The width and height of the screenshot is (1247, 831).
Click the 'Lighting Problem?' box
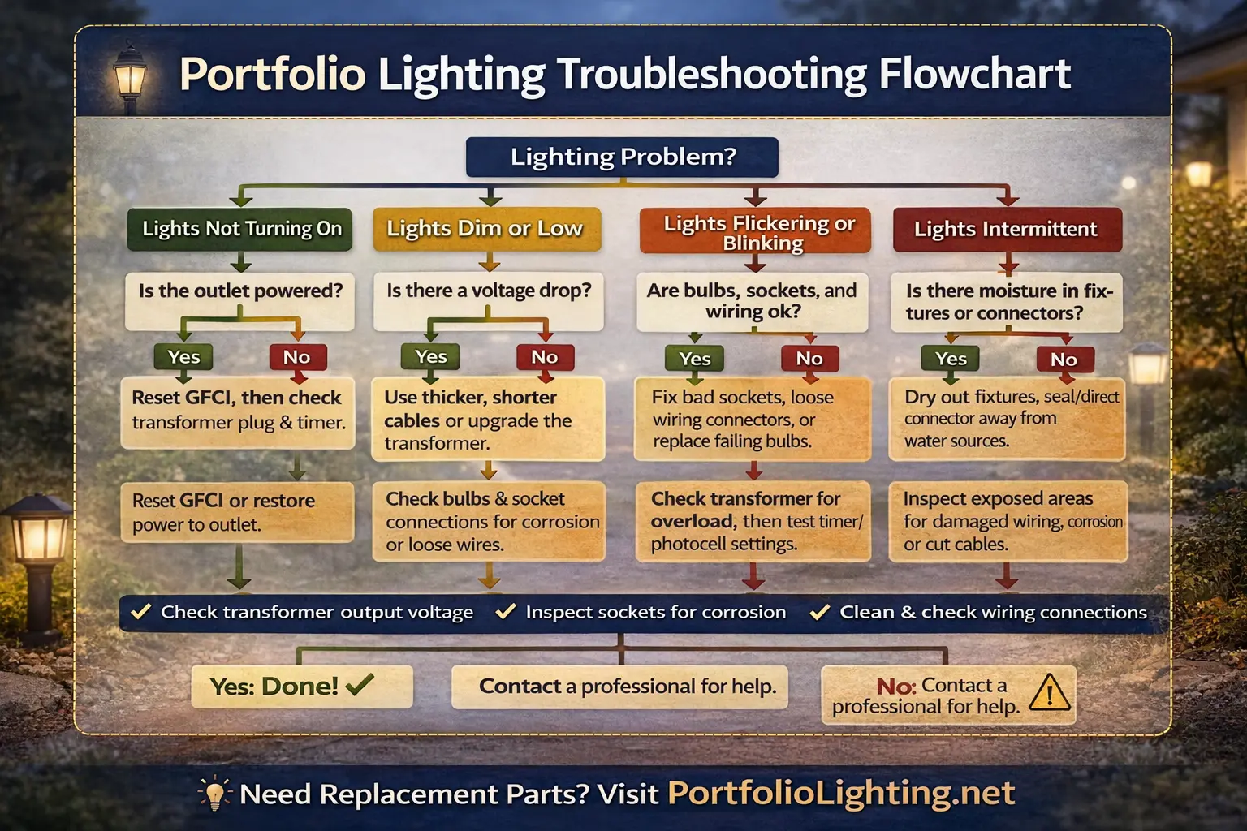point(622,157)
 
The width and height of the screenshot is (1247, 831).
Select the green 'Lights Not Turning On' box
point(241,229)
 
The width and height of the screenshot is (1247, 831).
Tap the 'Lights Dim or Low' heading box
point(485,229)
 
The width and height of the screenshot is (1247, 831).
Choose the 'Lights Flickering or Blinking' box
point(756,231)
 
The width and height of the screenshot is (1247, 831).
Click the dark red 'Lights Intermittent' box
point(1007,229)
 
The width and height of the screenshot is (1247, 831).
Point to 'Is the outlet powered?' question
point(240,291)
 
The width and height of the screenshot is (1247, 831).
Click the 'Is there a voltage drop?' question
point(489,291)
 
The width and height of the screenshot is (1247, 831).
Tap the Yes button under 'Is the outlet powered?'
point(183,357)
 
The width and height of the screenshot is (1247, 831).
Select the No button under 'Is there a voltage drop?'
point(545,357)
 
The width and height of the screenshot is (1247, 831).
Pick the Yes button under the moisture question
point(951,359)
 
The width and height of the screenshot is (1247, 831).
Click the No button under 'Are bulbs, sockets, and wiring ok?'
point(809,359)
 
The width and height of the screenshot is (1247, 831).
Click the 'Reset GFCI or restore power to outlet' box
point(237,512)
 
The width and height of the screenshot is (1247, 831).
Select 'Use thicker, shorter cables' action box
point(487,420)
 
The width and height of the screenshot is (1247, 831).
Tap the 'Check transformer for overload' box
point(753,521)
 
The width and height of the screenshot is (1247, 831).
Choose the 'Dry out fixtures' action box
point(1007,419)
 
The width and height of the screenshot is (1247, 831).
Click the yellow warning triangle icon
point(1050,694)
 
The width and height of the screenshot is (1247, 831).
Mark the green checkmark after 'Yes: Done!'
point(360,685)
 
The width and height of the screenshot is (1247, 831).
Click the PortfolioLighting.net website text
point(841,793)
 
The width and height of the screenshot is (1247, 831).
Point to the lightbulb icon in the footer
point(214,793)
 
